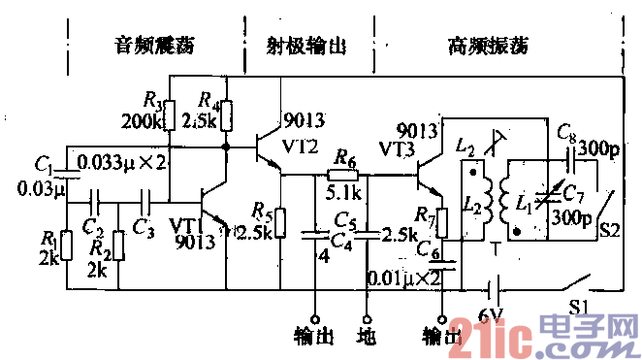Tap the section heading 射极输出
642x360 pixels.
click(305, 45)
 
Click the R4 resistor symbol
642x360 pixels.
click(228, 115)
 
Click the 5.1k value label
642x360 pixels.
click(345, 191)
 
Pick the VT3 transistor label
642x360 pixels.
click(399, 150)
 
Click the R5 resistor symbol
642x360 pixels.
click(278, 221)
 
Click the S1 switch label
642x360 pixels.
click(580, 308)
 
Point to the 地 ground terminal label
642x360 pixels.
click(367, 337)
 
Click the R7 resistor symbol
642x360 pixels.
click(442, 222)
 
